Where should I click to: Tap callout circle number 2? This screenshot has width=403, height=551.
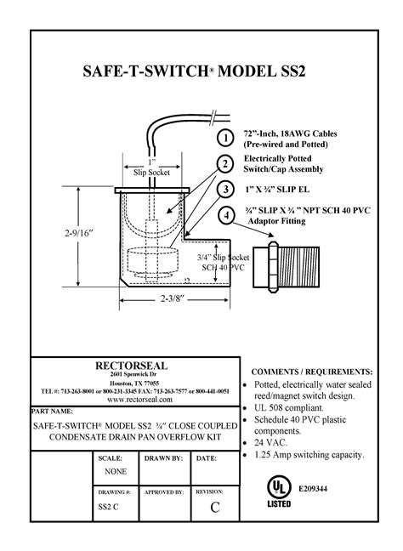coord(224,164)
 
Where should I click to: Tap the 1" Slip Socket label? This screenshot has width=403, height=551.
coord(152,168)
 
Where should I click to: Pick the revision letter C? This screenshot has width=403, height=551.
coord(214,508)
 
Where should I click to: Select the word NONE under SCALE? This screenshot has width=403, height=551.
coord(115,471)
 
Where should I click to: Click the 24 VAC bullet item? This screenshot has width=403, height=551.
coord(274,443)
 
